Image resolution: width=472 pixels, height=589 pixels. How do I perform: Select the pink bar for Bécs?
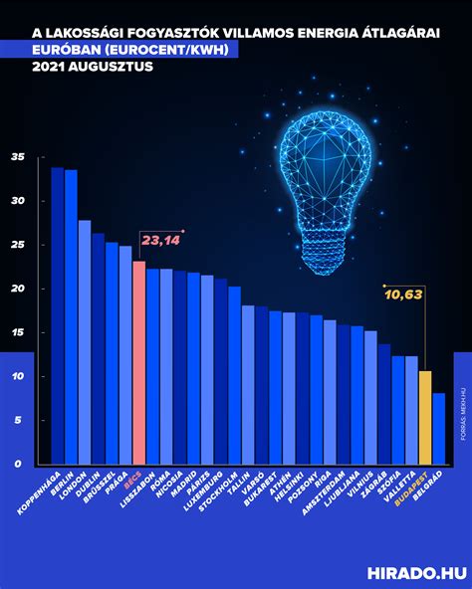[138, 362]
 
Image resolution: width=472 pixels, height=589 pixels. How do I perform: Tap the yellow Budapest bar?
[424, 417]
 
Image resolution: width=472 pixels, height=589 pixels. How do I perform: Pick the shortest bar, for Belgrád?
[438, 428]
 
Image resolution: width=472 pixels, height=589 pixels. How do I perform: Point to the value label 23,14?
[160, 240]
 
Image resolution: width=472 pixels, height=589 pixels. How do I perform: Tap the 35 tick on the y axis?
[17, 157]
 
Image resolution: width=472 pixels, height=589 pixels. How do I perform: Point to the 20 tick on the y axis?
[17, 289]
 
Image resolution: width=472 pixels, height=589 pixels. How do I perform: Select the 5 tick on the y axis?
[19, 420]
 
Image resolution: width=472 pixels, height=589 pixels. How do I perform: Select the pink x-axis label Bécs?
[132, 476]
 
